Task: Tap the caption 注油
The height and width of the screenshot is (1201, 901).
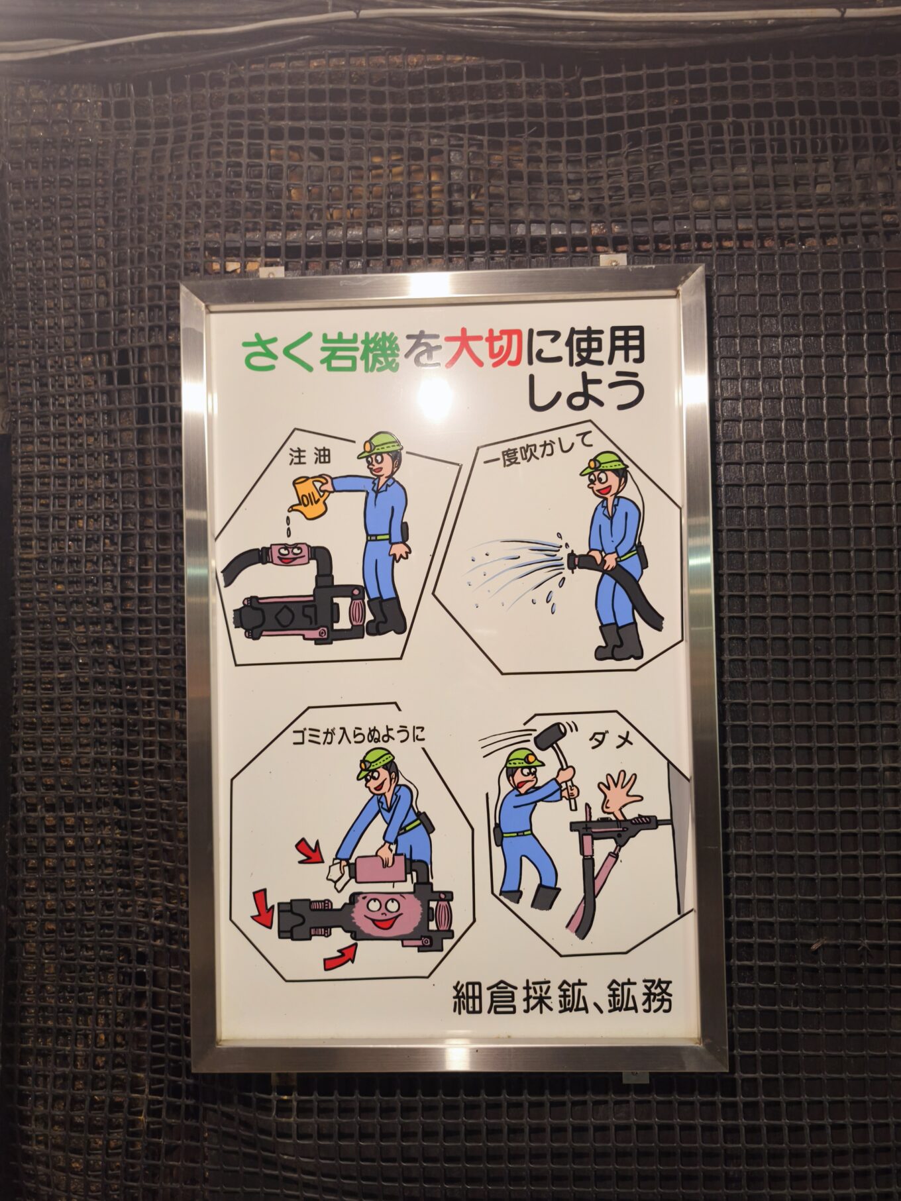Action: pyautogui.click(x=309, y=456)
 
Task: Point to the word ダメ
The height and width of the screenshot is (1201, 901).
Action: pyautogui.click(x=611, y=739)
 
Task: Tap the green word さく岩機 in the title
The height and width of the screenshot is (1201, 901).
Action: pyautogui.click(x=321, y=350)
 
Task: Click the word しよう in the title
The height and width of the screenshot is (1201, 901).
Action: pyautogui.click(x=585, y=392)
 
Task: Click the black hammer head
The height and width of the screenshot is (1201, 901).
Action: pyautogui.click(x=549, y=736)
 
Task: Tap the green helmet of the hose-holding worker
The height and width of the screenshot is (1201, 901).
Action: pyautogui.click(x=599, y=462)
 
